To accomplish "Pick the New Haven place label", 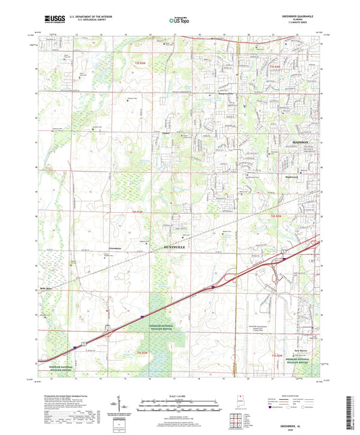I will [302, 351].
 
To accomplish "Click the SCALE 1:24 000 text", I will [180, 395].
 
